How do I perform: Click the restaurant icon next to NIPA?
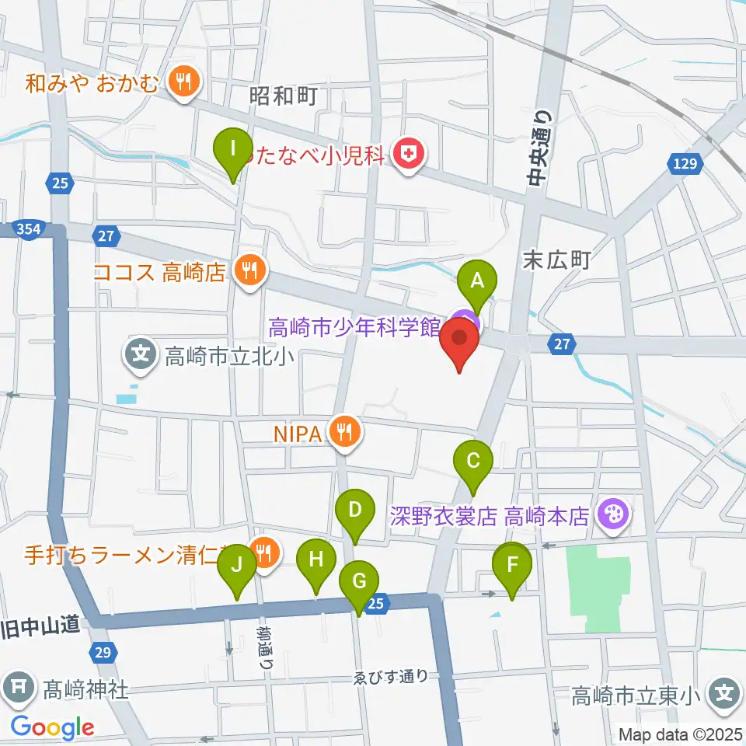(x=344, y=432)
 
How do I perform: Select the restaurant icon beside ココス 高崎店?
(x=249, y=271)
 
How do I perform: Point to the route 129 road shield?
(x=684, y=165)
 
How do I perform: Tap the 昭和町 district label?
(x=284, y=96)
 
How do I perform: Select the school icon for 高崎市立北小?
(x=141, y=356)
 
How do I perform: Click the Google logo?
(x=52, y=727)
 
